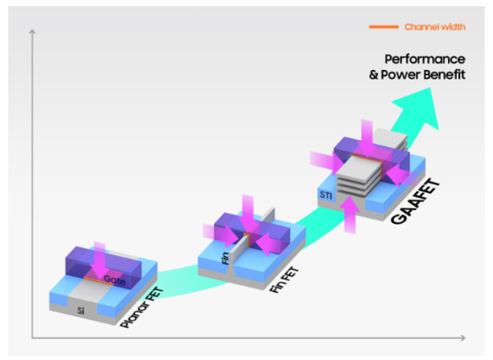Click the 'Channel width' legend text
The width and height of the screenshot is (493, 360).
(x=434, y=27)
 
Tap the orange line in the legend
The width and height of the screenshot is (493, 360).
(x=384, y=27)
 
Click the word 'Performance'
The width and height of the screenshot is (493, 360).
(x=424, y=59)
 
